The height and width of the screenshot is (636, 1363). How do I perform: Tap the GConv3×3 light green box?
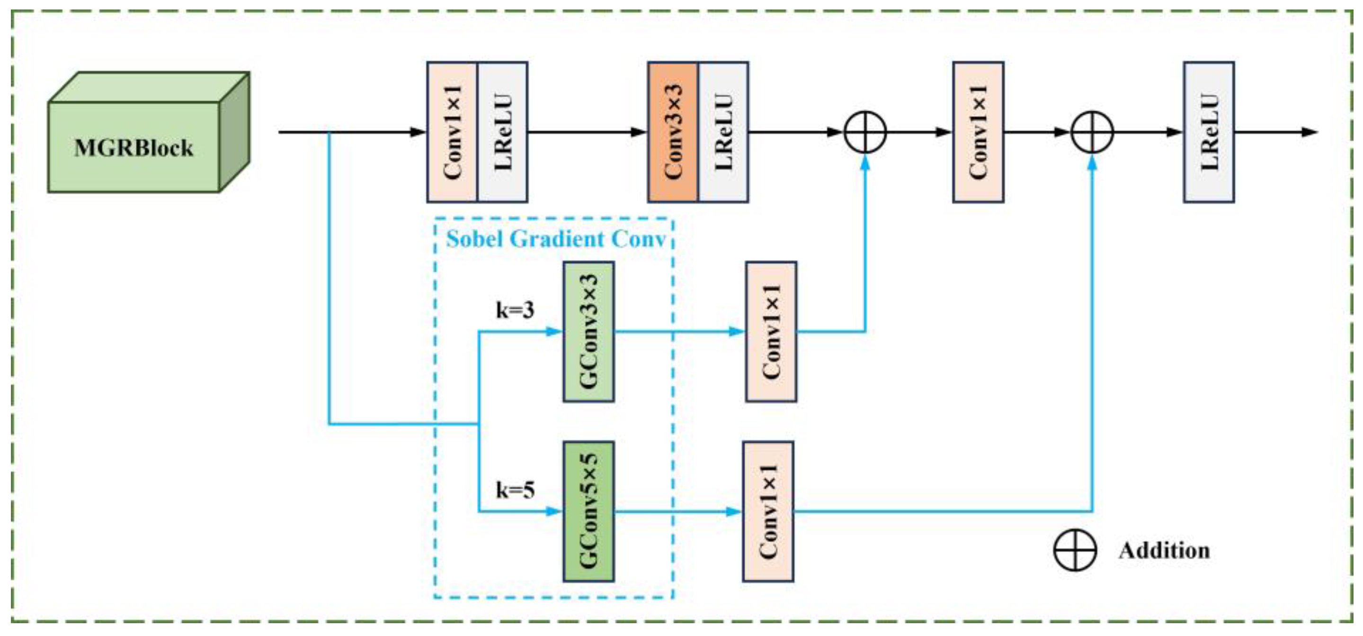tap(588, 331)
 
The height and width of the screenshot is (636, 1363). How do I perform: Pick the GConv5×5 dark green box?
tap(588, 511)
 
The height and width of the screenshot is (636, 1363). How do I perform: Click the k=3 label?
tap(515, 310)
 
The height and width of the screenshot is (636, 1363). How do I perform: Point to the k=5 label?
tap(515, 490)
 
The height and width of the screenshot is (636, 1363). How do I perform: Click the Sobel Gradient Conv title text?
tap(556, 239)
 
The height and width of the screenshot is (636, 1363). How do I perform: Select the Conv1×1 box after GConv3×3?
tap(771, 331)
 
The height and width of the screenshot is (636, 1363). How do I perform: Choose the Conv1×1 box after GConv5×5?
tap(768, 511)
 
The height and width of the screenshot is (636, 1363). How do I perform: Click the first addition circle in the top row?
tap(864, 132)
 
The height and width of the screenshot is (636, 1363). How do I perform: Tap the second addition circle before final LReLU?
tap(1092, 132)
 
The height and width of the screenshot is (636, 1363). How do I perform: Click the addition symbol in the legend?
tap(1075, 550)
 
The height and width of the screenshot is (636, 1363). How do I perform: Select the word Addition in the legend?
tap(1164, 550)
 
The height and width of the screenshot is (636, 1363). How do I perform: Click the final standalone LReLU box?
tap(1209, 132)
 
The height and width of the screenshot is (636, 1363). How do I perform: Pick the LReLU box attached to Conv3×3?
tap(723, 132)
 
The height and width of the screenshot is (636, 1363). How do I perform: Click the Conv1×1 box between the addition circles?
tap(978, 132)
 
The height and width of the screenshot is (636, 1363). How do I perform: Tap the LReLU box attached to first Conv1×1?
tap(503, 132)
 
